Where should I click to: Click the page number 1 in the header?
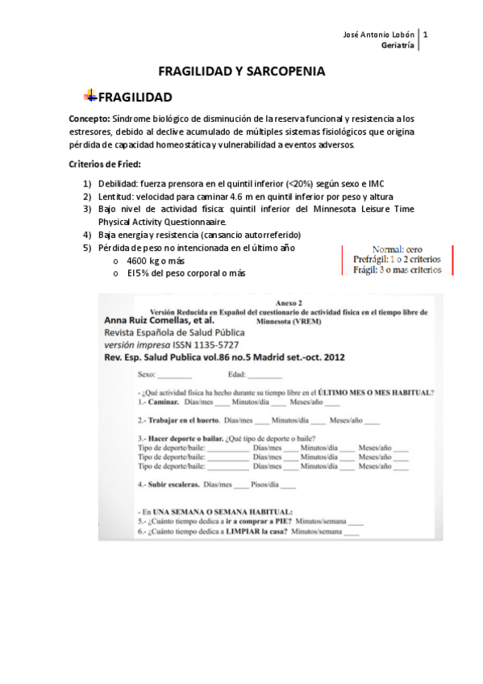point(425,35)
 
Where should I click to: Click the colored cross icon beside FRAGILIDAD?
point(90,97)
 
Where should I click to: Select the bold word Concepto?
point(89,118)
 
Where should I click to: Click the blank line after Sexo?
point(175,375)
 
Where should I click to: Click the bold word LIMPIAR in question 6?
point(236,532)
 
